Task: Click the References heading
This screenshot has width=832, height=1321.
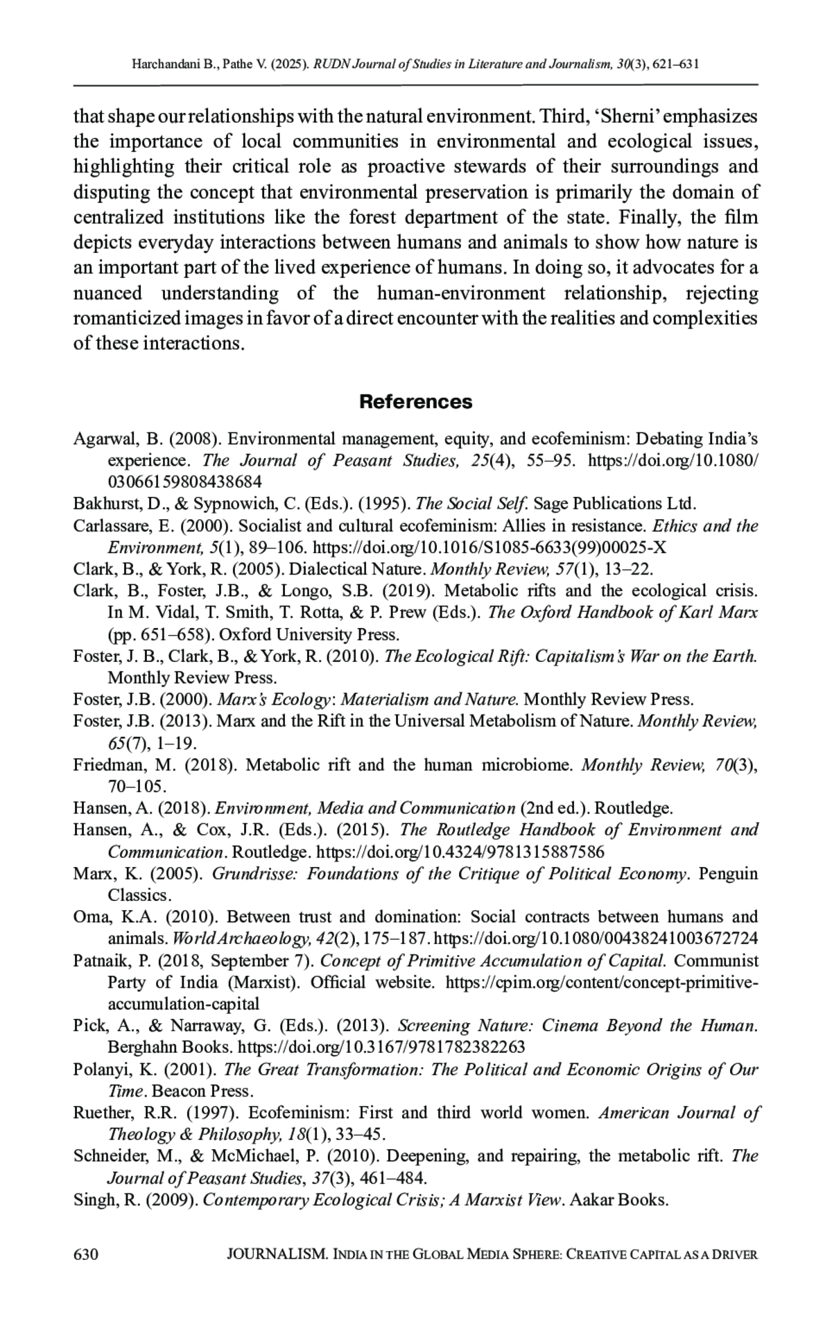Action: point(416,401)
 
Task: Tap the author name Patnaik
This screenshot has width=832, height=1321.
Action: point(100,961)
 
